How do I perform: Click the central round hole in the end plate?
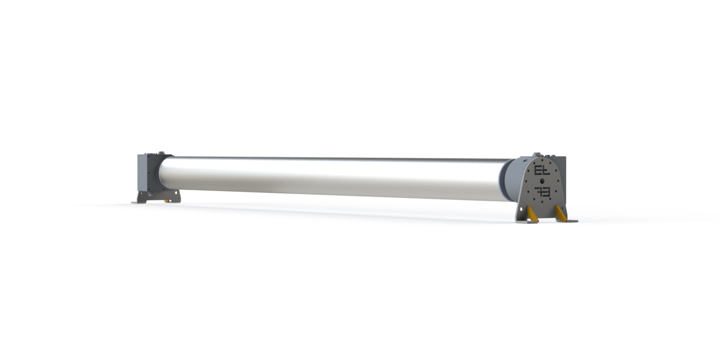[542, 180]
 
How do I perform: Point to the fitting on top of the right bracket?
[538, 154]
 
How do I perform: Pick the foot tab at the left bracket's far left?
[136, 202]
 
